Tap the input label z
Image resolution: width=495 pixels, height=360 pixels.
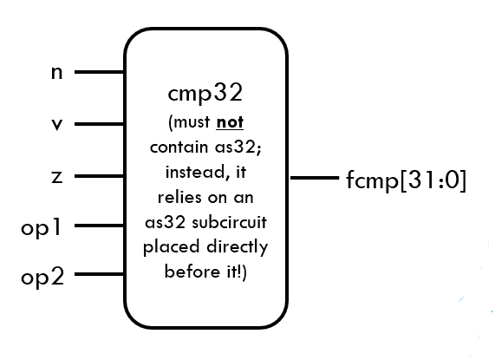[56, 177]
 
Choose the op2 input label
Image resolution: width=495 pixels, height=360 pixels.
[42, 278]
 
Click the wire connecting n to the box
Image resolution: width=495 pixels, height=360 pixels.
[100, 73]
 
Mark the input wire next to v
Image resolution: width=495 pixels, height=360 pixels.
[100, 125]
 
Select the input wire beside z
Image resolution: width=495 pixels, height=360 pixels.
[100, 177]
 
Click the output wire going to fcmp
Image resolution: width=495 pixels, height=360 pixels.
[312, 180]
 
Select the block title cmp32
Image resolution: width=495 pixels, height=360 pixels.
[207, 93]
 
